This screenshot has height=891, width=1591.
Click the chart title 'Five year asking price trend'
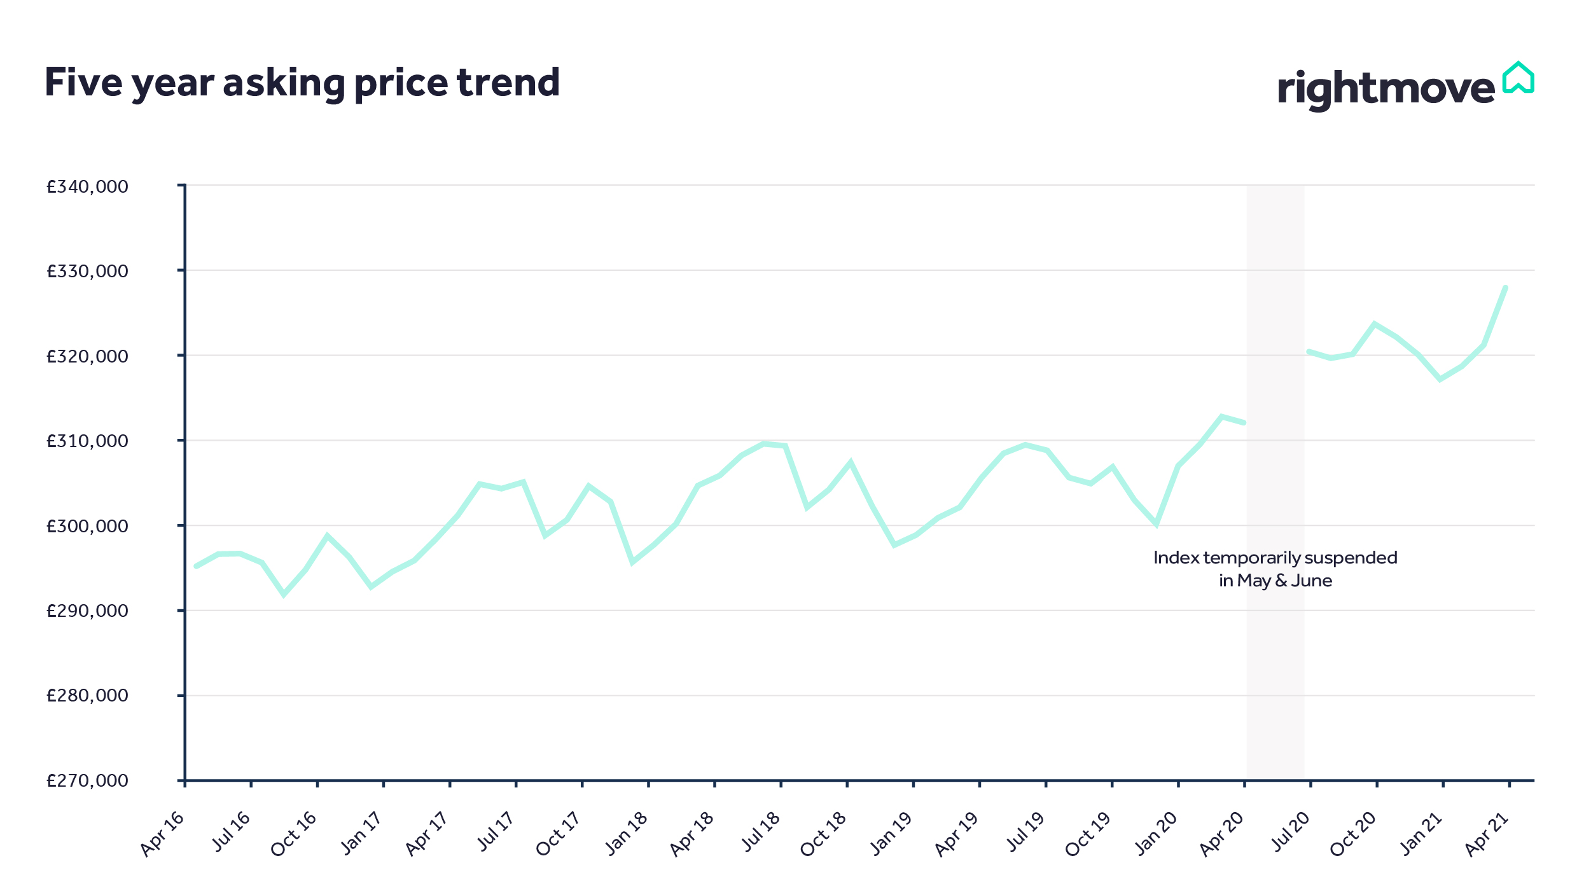pyautogui.click(x=302, y=83)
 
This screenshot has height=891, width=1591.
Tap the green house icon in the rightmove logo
pyautogui.click(x=1518, y=79)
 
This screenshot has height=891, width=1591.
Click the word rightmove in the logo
pyautogui.click(x=1386, y=89)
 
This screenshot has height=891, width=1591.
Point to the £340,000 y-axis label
pyautogui.click(x=87, y=186)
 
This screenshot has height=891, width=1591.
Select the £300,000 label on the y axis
pyautogui.click(x=87, y=526)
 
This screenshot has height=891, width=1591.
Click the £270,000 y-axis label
pyautogui.click(x=87, y=780)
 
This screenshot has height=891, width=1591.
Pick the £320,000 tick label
pyautogui.click(x=87, y=356)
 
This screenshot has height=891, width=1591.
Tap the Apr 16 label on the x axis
pyautogui.click(x=163, y=834)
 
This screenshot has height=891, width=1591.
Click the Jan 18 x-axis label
pyautogui.click(x=627, y=834)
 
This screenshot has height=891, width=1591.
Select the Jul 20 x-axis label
pyautogui.click(x=1290, y=832)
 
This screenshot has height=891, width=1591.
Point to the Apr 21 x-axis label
pyautogui.click(x=1487, y=834)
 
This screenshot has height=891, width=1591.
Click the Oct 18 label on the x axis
pyautogui.click(x=823, y=834)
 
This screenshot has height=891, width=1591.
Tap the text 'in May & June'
pyautogui.click(x=1275, y=581)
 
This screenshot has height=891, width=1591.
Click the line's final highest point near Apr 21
pyautogui.click(x=1505, y=288)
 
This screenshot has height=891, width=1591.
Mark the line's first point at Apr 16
pyautogui.click(x=196, y=566)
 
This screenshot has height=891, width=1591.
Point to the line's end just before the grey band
pyautogui.click(x=1244, y=422)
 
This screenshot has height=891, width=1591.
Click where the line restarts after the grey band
pyautogui.click(x=1309, y=351)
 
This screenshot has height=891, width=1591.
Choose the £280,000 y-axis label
pyautogui.click(x=87, y=696)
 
